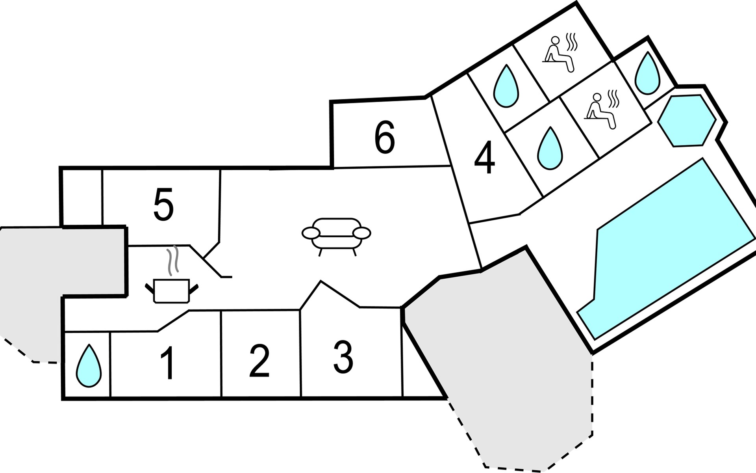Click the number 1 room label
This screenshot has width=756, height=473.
click(168, 363)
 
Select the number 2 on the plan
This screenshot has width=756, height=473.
click(259, 361)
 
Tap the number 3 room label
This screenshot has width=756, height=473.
click(343, 357)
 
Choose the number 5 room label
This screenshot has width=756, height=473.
click(163, 205)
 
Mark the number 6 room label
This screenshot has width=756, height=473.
click(384, 138)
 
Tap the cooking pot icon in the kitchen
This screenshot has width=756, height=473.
click(172, 291)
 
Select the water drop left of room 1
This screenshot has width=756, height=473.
click(89, 365)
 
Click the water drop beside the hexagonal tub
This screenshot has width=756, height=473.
click(648, 73)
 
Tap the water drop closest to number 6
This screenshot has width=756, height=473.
click(506, 86)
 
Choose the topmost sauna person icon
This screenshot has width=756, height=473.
click(560, 54)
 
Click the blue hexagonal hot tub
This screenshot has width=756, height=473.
click(687, 121)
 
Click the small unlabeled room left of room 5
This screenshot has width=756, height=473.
click(82, 197)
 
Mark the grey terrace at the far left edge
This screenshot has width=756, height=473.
click(59, 284)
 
